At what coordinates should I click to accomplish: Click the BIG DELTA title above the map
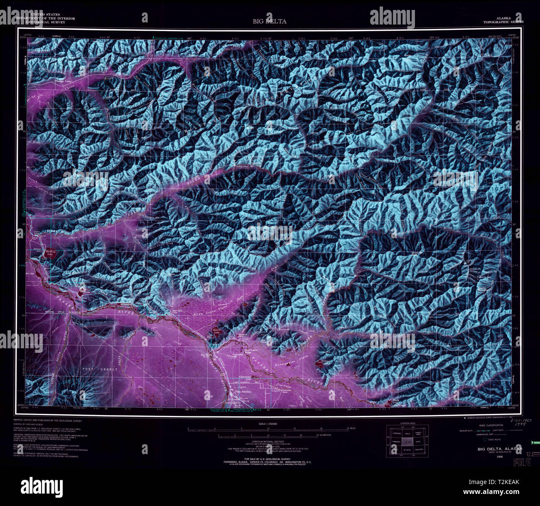coord(270,21)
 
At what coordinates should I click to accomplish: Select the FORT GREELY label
coord(94,369)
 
